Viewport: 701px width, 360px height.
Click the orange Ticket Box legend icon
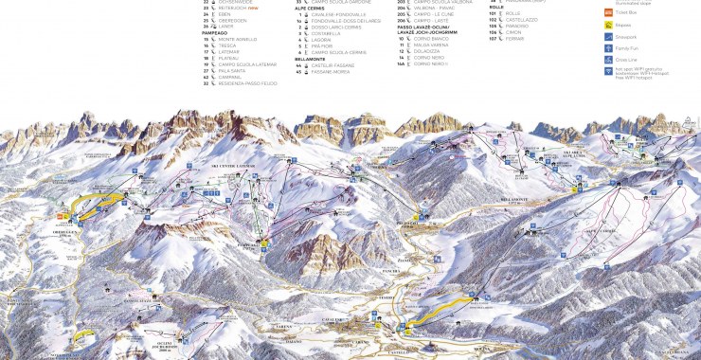coord(609,12)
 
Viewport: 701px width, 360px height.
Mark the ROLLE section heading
coord(495,7)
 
